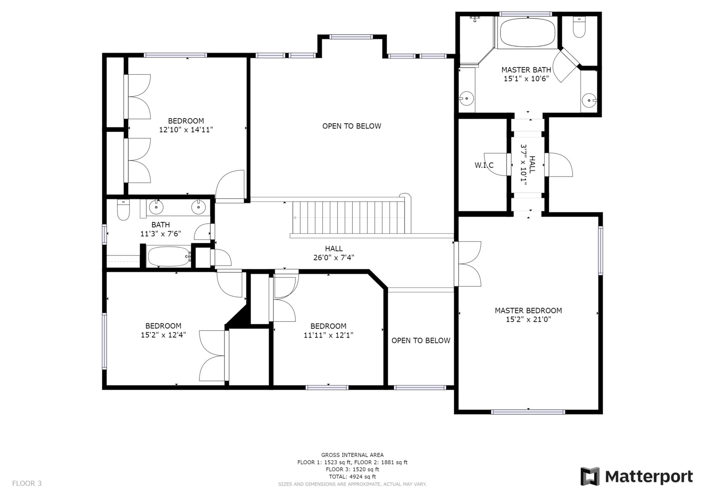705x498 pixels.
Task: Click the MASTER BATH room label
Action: click(x=526, y=70)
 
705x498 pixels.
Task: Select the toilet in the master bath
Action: click(x=578, y=28)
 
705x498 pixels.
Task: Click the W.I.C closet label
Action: click(x=484, y=165)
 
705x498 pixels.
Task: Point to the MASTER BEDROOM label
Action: click(x=528, y=311)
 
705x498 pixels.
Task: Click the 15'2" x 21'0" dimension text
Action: click(x=528, y=319)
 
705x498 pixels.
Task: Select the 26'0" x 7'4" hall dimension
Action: click(x=333, y=258)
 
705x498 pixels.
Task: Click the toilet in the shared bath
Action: click(x=123, y=210)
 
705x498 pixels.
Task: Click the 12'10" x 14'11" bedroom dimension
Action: click(x=186, y=130)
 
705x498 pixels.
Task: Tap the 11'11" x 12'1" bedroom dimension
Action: click(x=328, y=335)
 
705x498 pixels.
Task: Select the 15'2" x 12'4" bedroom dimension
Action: click(x=163, y=335)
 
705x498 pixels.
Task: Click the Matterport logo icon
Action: click(x=590, y=476)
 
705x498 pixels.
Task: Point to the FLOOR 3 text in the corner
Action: click(x=27, y=483)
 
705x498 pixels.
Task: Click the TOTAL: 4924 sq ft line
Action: click(x=352, y=476)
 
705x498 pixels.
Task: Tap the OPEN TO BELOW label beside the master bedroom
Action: click(x=421, y=340)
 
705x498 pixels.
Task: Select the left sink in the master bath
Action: click(x=466, y=98)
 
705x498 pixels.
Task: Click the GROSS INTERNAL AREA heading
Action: click(x=352, y=455)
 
